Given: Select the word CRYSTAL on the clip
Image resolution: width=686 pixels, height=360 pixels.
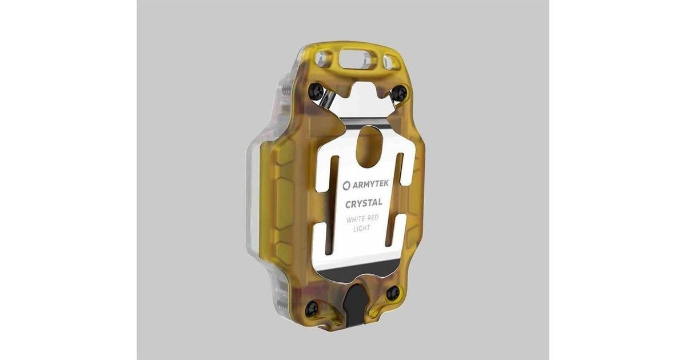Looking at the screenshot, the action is click(x=364, y=203).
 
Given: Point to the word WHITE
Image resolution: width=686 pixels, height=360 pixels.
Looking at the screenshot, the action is click(x=356, y=219).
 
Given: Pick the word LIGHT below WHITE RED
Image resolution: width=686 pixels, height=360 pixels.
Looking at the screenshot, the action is click(x=362, y=229).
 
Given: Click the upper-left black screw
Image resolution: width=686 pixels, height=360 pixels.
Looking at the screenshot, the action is click(x=316, y=91).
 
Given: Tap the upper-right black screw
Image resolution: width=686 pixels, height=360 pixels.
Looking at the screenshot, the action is click(x=400, y=92).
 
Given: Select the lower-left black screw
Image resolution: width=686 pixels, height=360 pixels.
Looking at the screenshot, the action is click(x=313, y=310).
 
